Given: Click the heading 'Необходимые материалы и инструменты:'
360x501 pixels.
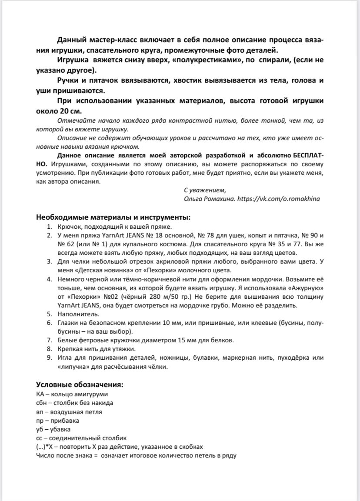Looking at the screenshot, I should (113, 217).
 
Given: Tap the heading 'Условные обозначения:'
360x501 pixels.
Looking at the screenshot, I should (79, 385).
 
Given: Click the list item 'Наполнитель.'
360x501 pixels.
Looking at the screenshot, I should (72, 313).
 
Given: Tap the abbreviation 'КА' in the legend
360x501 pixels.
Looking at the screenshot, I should (40, 394).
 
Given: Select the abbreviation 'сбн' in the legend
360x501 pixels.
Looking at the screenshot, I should (41, 403).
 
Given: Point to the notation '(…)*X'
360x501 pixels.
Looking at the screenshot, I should (47, 447).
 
